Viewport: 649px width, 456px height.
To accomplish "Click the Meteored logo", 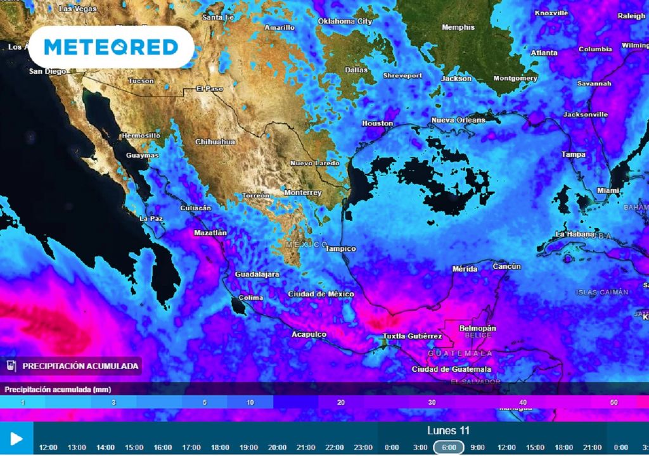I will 111,47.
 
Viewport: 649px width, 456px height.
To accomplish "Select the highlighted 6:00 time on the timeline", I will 449,447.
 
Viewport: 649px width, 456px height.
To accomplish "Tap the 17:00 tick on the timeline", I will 191,447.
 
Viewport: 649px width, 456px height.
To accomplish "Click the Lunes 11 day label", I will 448,431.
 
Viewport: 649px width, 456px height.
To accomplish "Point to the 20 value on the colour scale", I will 341,403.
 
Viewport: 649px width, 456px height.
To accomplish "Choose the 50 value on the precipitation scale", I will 614,403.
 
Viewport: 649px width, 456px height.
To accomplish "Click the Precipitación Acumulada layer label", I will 80,365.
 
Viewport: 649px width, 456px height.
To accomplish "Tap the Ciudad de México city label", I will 321,294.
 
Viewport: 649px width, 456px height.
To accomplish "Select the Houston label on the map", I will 378,123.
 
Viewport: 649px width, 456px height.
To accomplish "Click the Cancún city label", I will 506,267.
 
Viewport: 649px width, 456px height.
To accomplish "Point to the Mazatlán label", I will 210,233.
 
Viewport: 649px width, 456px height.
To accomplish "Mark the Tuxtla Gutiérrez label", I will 413,336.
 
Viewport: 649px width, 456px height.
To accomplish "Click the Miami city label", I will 608,191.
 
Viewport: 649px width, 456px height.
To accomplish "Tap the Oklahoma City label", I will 345,21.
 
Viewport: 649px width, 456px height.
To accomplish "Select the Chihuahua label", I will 215,142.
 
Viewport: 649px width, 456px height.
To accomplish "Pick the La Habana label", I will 574,234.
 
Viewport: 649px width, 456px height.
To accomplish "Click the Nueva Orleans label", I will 458,120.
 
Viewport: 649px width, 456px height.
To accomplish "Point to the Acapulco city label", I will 309,334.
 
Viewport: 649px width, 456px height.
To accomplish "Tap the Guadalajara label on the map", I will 258,275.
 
